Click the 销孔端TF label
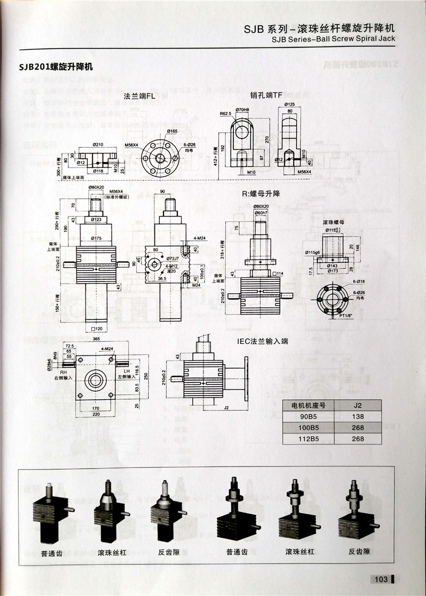(266, 95)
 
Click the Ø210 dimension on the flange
(97, 144)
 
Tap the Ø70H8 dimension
(242, 109)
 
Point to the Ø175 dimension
(97, 238)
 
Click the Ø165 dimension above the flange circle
(171, 131)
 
